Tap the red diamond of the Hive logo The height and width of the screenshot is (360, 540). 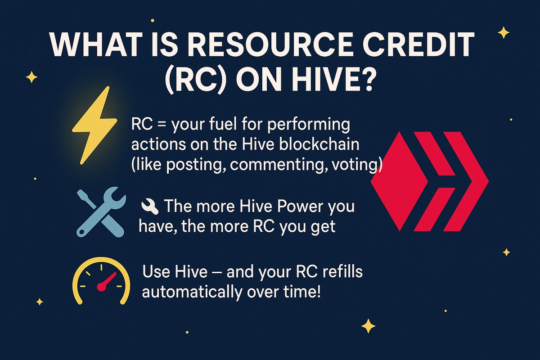[x=398, y=181]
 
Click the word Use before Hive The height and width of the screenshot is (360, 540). [x=155, y=273]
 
